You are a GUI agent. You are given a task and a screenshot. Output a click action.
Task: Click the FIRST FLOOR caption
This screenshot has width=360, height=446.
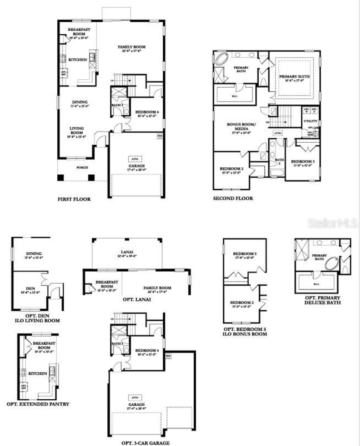tap(74, 199)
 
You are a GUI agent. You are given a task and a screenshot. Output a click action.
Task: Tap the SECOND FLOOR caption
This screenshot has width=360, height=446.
tap(233, 198)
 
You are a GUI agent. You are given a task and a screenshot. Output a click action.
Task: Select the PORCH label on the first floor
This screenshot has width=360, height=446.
tap(82, 167)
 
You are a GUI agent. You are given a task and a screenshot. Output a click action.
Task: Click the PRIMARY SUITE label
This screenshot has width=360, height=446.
tap(294, 77)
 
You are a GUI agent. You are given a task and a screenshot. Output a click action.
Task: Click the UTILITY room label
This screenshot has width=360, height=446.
tap(310, 121)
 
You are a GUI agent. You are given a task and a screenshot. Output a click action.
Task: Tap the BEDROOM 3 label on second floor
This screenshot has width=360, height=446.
tap(303, 162)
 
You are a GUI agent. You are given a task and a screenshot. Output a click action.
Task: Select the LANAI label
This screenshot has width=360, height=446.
tap(127, 252)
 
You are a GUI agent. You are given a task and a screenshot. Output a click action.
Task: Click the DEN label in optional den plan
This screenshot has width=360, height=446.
tap(30, 288)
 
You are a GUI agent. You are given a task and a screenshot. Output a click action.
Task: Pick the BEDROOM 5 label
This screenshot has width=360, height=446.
tap(245, 254)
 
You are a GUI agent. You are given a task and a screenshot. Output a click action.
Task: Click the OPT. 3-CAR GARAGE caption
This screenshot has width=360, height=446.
tap(145, 443)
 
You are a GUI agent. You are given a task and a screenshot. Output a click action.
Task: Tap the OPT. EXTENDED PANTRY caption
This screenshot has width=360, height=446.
tap(38, 404)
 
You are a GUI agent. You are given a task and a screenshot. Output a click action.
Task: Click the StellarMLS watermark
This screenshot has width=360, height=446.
tap(332, 223)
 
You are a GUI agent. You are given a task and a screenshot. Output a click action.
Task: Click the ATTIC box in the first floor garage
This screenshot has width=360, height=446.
tap(135, 159)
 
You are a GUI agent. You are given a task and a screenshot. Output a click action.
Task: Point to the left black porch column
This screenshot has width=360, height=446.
tap(60, 178)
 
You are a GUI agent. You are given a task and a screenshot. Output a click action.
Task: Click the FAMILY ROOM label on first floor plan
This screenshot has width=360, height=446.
tap(132, 47)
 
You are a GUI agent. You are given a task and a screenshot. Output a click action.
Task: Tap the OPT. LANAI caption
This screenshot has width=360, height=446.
tap(137, 299)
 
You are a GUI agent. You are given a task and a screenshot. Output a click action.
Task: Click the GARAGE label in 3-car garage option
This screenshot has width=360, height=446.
tap(137, 405)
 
